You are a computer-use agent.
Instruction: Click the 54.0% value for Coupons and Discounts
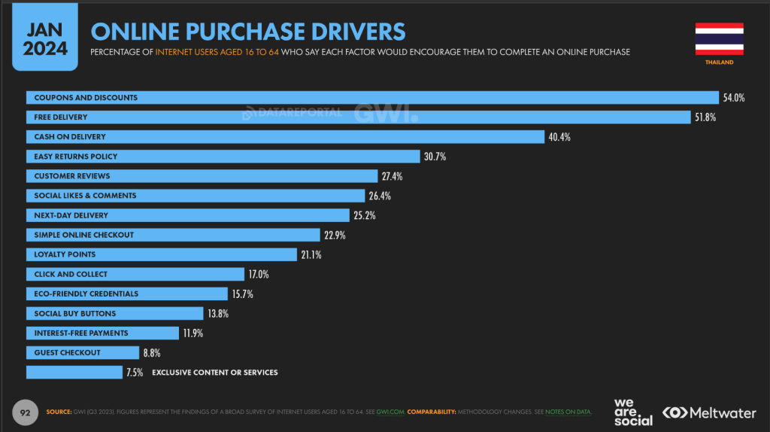coord(733,98)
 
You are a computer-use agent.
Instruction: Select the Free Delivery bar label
coord(61,117)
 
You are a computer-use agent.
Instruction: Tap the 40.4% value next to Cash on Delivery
coord(559,137)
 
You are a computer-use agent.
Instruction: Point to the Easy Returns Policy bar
coord(223,157)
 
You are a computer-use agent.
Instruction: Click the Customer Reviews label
coord(72,176)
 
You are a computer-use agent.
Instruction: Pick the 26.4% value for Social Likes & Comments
coord(379,196)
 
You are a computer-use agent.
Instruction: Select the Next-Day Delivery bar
coord(188,215)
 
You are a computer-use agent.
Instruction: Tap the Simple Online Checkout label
coord(84,235)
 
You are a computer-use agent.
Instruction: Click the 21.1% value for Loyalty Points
coord(311,254)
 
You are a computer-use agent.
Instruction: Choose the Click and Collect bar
coord(135,274)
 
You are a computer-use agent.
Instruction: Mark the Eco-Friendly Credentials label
coord(86,294)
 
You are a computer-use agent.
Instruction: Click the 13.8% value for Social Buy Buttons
coord(219,313)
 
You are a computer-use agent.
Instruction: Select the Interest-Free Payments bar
coord(102,333)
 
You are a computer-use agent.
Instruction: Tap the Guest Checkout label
coord(68,352)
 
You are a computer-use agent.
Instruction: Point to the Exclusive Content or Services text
coord(215,373)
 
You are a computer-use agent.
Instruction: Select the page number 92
coord(24,412)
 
